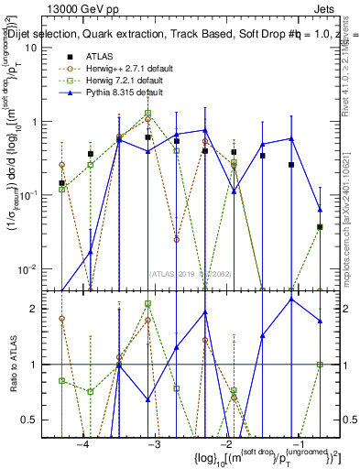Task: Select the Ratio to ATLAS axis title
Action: pyautogui.click(x=13, y=365)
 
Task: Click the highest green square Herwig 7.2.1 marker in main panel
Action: pyautogui.click(x=147, y=114)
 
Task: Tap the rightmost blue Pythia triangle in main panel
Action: pyautogui.click(x=320, y=209)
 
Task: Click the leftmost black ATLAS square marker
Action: pyautogui.click(x=61, y=183)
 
